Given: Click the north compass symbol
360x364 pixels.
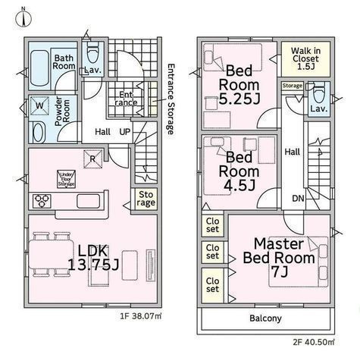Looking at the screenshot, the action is [x=23, y=19].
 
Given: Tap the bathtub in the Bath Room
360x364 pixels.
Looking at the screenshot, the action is [x=39, y=68].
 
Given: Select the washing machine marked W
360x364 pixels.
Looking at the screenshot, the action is [x=39, y=105].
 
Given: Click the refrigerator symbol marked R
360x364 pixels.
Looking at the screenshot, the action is [x=92, y=159].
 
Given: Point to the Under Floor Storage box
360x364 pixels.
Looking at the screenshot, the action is [x=66, y=179].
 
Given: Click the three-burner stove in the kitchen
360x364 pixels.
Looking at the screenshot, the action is [x=42, y=201].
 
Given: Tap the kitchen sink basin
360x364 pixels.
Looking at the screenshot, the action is [x=88, y=201].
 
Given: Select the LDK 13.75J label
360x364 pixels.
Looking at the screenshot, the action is [x=93, y=258].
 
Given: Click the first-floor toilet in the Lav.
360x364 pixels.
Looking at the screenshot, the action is [x=92, y=53].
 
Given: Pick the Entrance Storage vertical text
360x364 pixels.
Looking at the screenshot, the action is [x=171, y=99].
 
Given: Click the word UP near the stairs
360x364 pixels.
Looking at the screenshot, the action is [x=125, y=132].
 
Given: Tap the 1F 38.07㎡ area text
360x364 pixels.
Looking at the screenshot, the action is [x=141, y=316].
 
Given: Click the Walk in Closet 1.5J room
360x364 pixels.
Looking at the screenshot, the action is [x=305, y=59].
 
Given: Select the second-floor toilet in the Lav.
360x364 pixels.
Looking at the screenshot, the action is [x=318, y=95].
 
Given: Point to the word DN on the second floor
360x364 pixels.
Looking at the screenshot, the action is [x=298, y=199].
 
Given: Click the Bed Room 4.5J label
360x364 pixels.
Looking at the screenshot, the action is [x=239, y=171].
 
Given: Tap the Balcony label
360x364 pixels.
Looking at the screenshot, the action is [x=265, y=318].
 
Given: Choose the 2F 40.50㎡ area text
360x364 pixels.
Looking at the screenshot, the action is [x=314, y=342].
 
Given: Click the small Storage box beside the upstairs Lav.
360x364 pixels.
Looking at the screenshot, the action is [x=293, y=86].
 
